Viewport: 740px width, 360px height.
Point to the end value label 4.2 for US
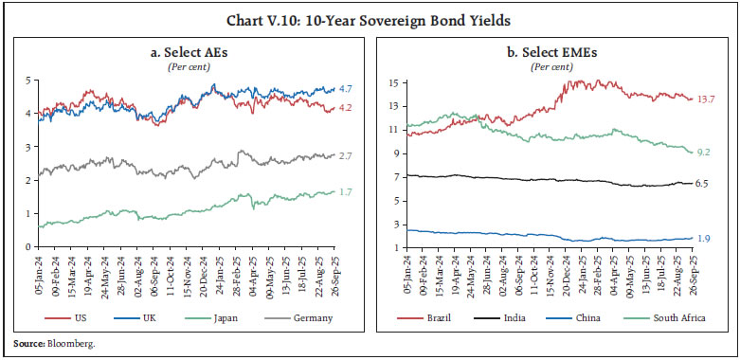click(347, 107)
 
